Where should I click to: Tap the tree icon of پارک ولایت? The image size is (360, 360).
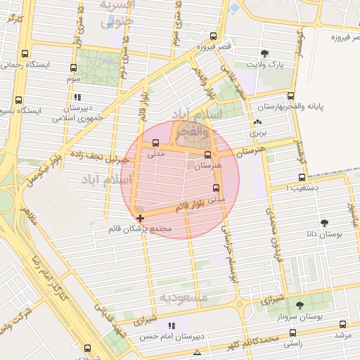[x=264, y=53]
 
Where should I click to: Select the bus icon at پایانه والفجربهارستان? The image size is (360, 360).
[x=291, y=96]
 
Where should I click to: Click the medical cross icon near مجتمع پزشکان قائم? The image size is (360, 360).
[x=140, y=219]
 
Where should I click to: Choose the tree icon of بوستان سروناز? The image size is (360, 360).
[x=300, y=304]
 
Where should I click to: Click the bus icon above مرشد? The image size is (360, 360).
[x=342, y=324]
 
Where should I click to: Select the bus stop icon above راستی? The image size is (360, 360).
[x=292, y=333]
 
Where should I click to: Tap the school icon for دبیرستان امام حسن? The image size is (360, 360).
[x=171, y=326]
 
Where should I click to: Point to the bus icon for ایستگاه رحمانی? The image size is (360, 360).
[x=25, y=53]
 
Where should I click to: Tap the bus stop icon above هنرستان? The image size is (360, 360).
[x=207, y=155]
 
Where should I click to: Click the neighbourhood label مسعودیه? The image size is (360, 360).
[x=184, y=297]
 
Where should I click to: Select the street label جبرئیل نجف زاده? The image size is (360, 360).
[x=96, y=155]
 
